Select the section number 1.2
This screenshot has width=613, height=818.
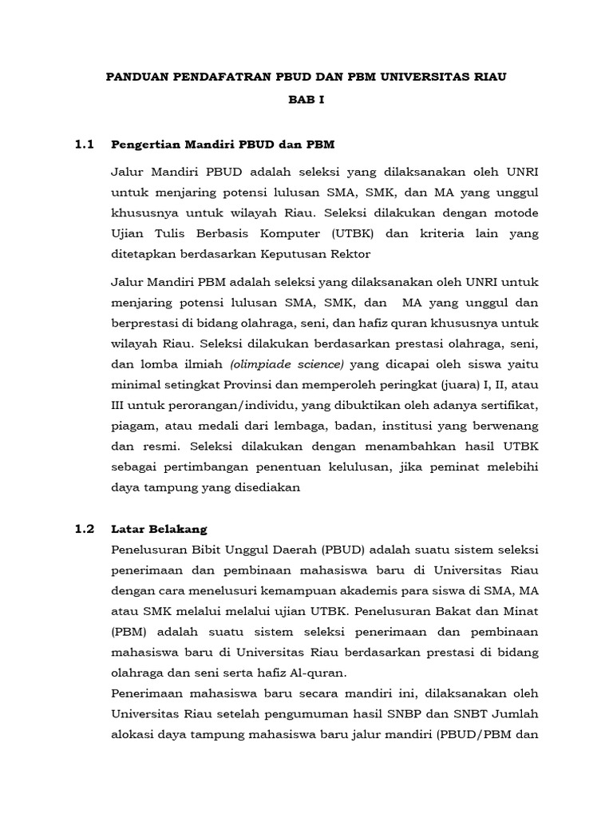coord(85,529)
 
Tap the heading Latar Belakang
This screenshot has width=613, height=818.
coord(159,529)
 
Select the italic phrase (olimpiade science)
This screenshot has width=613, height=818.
coord(287,363)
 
